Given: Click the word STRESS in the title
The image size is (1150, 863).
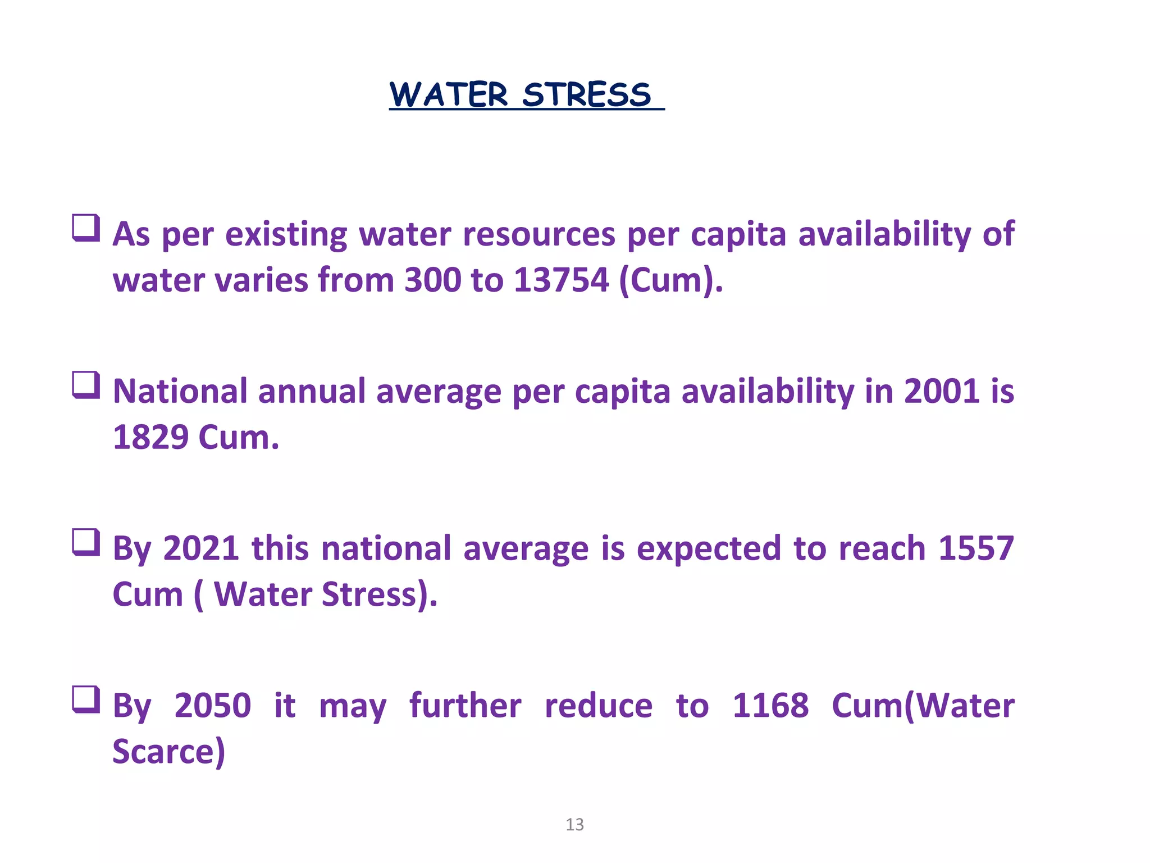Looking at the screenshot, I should click(586, 94).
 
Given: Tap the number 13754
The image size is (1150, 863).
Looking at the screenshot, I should click(561, 280).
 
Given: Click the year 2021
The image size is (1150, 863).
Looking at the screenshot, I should click(201, 548).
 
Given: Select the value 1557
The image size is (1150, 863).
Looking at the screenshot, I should click(976, 548).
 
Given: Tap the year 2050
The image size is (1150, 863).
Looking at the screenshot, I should click(212, 706).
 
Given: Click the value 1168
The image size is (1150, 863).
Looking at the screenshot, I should click(770, 706).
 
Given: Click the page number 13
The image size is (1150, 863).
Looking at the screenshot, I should click(574, 825).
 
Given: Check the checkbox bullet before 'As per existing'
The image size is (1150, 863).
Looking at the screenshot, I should click(86, 228).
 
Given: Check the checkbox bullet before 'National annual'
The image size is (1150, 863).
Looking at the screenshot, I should click(86, 385).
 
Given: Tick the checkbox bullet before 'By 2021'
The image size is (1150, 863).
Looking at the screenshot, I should click(86, 543).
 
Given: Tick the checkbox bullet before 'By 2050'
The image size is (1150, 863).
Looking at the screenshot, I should click(86, 700).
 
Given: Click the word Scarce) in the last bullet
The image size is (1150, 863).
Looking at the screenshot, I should click(168, 752).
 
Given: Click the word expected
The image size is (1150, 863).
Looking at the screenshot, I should click(708, 549).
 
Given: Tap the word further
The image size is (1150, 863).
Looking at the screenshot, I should click(465, 706).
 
